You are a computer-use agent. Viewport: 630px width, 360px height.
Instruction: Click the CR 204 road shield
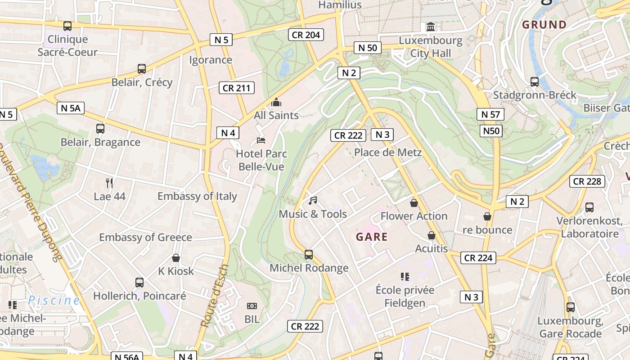pyautogui.click(x=306, y=35)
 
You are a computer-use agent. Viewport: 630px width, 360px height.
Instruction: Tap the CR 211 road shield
pyautogui.click(x=237, y=88)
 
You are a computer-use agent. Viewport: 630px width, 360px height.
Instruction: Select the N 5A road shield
pyautogui.click(x=71, y=108)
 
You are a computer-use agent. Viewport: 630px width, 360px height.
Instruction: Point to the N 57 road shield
pyautogui.click(x=490, y=114)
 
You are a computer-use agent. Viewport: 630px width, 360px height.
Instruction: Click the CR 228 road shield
pyautogui.click(x=587, y=181)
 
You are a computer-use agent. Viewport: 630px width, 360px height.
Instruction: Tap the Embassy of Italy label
pyautogui.click(x=197, y=196)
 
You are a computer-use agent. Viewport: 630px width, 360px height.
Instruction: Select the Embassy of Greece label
pyautogui.click(x=145, y=237)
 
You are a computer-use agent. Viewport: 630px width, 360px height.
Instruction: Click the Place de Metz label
pyautogui.click(x=388, y=152)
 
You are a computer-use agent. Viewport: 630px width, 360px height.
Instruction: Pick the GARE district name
pyautogui.click(x=372, y=237)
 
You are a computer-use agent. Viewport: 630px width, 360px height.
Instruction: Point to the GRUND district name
pyautogui.click(x=544, y=25)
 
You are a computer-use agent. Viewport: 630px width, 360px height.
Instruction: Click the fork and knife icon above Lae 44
pyautogui.click(x=109, y=183)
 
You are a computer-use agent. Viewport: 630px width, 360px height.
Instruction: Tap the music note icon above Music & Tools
pyautogui.click(x=313, y=201)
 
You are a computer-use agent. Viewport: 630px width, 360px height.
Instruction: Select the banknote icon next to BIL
pyautogui.click(x=252, y=306)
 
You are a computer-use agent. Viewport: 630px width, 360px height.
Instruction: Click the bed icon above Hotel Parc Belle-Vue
pyautogui.click(x=261, y=140)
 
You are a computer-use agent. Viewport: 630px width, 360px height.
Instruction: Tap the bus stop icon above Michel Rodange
pyautogui.click(x=309, y=255)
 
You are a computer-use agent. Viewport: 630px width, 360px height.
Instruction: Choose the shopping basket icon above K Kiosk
pyautogui.click(x=176, y=258)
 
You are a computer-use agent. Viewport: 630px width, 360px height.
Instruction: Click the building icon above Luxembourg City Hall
pyautogui.click(x=431, y=27)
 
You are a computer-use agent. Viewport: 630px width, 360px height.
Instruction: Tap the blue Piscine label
pyautogui.click(x=54, y=300)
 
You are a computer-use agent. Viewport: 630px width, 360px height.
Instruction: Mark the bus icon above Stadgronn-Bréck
pyautogui.click(x=535, y=82)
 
